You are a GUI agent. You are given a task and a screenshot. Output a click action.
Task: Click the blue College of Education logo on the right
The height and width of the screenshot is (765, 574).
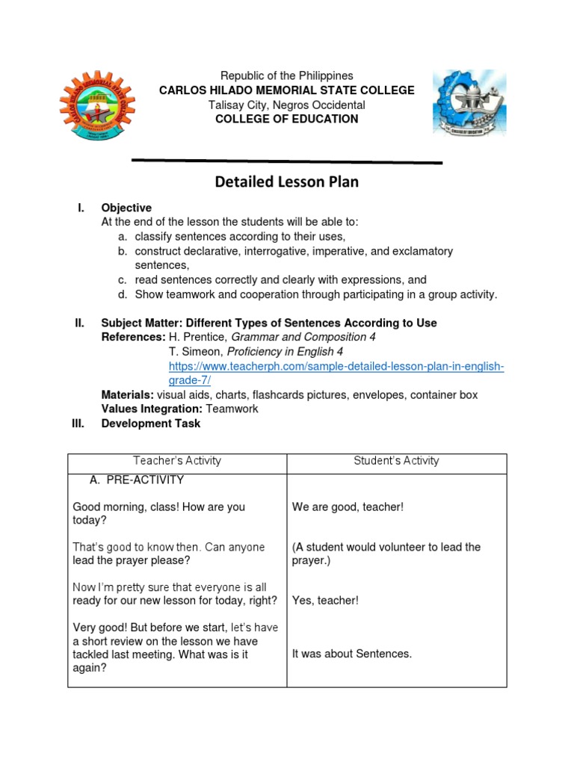pos(469,103)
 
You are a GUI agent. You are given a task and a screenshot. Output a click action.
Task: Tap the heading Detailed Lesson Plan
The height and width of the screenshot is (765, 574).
pos(286,182)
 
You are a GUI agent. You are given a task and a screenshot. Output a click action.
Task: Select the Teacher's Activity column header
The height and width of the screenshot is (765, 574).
pos(177,461)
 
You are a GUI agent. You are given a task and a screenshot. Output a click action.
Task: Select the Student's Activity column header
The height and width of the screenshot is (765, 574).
pos(396,461)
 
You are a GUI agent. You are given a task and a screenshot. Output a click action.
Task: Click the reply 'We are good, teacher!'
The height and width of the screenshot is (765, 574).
pos(348,507)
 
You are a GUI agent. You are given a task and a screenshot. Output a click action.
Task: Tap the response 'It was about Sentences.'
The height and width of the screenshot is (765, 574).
pos(352,654)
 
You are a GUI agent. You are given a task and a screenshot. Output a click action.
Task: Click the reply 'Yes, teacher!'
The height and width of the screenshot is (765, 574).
pos(325,601)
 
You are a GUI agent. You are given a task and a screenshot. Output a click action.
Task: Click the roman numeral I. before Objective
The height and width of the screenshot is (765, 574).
pos(81,208)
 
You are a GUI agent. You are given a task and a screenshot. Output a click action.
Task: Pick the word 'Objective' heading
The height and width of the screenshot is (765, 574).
pos(126,208)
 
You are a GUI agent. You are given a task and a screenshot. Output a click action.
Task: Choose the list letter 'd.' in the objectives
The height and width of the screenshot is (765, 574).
pos(122,294)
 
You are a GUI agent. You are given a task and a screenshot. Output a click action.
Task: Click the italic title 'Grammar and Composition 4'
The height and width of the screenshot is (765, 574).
pos(303,338)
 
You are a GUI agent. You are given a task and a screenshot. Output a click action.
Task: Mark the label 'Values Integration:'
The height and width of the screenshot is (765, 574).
pos(152,409)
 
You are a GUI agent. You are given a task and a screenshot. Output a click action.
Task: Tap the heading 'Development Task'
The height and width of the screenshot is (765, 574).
pos(150,423)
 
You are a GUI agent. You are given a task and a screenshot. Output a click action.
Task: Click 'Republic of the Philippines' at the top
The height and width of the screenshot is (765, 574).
pos(286,76)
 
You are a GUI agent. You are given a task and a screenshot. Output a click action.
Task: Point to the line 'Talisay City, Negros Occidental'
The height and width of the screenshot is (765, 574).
pos(286,105)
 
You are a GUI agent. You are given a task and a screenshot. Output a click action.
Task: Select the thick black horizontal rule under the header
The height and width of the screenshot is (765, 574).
pos(286,161)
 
